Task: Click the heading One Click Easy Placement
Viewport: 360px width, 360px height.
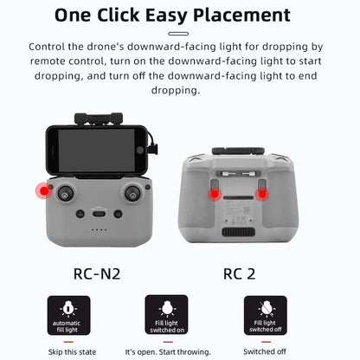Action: coord(179,15)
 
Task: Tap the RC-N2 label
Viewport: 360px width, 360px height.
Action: coord(97,273)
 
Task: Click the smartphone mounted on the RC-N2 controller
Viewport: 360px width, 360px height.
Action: coord(96,151)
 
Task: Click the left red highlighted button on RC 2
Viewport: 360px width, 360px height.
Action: coord(213,195)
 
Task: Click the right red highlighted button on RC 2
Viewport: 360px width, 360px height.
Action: coord(262,195)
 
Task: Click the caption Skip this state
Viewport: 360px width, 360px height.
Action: coord(67,352)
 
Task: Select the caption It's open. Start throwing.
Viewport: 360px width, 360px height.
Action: coord(166,352)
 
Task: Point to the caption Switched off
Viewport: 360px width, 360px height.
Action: coord(265,352)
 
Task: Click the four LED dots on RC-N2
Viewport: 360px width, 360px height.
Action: coord(100,230)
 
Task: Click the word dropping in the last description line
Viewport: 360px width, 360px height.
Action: coord(179,90)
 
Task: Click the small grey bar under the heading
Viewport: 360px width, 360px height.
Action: coord(179,33)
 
